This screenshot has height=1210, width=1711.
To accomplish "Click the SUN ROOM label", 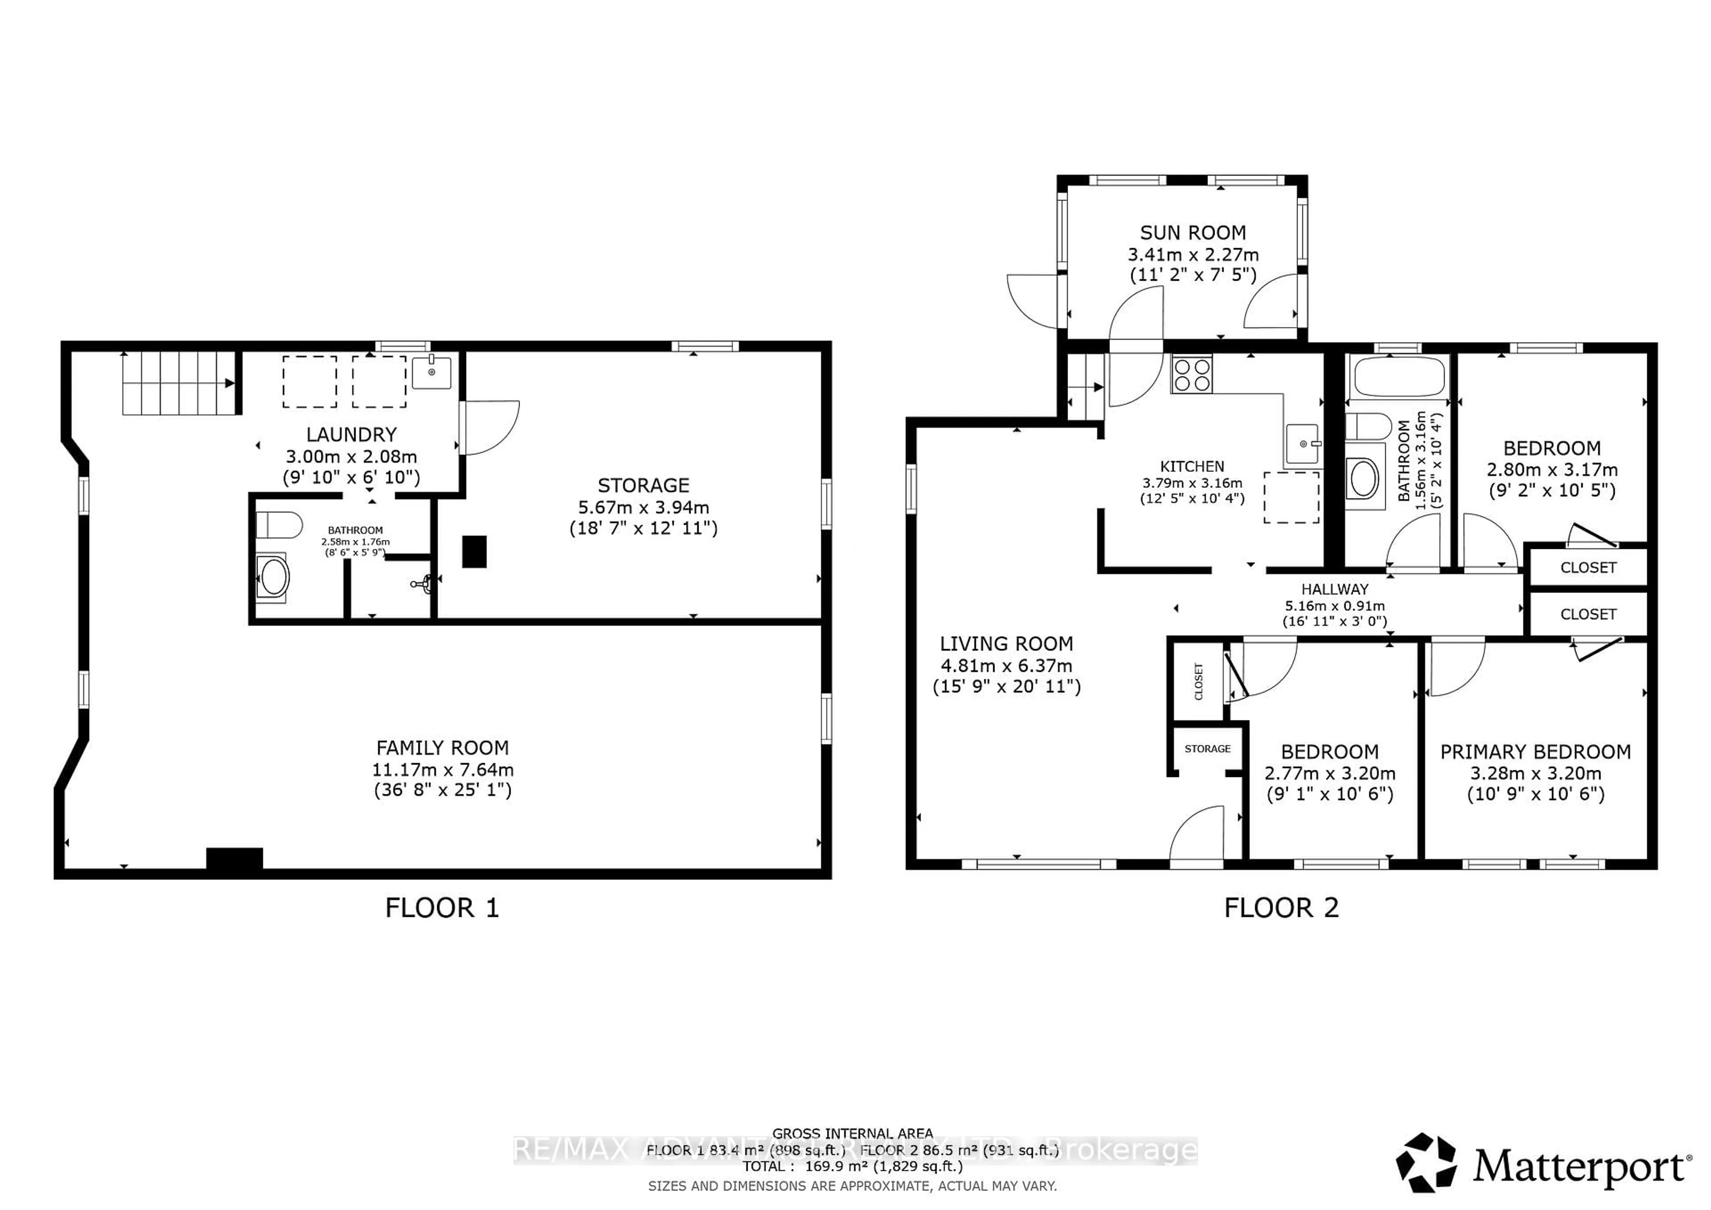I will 1192,233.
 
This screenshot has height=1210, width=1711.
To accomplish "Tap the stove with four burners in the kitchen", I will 1191,375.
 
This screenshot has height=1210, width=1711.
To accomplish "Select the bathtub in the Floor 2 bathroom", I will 1399,377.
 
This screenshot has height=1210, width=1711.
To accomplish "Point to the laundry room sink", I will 431,372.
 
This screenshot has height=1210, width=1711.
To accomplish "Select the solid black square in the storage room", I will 475,552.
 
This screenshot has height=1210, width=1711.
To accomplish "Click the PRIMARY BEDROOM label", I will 1535,752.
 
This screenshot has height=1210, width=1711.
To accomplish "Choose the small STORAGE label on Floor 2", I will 1207,749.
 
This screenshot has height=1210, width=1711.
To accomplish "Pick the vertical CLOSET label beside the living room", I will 1199,681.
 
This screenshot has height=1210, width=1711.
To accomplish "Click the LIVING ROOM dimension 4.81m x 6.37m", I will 1006,665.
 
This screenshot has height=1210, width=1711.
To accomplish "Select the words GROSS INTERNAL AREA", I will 852,1133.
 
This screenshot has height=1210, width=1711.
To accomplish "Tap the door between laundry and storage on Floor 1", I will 488,427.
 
